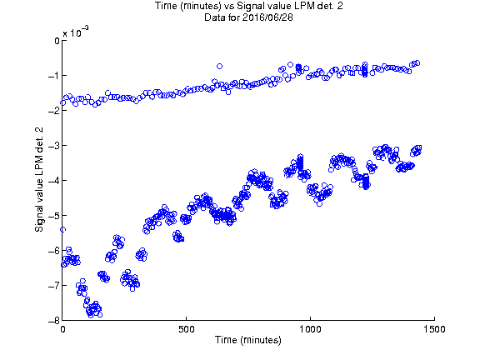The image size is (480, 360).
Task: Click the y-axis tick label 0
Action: pyautogui.click(x=57, y=41)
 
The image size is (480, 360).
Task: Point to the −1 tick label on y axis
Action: pyautogui.click(x=54, y=76)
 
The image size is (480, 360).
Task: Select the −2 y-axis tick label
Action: pyautogui.click(x=54, y=111)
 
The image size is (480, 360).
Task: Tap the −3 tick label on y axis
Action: pyautogui.click(x=54, y=145)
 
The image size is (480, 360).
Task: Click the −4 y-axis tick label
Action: pyautogui.click(x=54, y=180)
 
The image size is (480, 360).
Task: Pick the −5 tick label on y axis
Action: pyautogui.click(x=54, y=216)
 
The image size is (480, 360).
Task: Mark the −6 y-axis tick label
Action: pyautogui.click(x=54, y=250)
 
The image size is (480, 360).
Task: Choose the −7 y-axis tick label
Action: pyautogui.click(x=54, y=285)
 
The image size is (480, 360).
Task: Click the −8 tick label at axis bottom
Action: pyautogui.click(x=54, y=320)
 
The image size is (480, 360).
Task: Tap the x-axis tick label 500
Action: pyautogui.click(x=187, y=329)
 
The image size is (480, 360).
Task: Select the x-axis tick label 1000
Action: pyautogui.click(x=310, y=329)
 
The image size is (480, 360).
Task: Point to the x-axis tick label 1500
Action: pyautogui.click(x=434, y=329)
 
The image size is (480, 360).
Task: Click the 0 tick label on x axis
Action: pyautogui.click(x=62, y=329)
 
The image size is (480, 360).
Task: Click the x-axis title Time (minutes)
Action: pyautogui.click(x=248, y=340)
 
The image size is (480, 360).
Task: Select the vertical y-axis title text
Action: pyautogui.click(x=39, y=180)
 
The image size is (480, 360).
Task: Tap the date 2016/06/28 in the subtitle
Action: pyautogui.click(x=267, y=17)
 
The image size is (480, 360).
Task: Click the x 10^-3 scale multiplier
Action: pyautogui.click(x=76, y=32)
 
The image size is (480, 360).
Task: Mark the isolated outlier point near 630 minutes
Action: pyautogui.click(x=219, y=66)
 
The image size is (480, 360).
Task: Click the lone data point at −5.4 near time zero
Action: pyautogui.click(x=62, y=230)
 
